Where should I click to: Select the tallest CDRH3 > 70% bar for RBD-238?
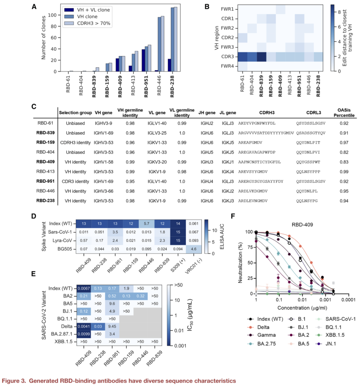pyautogui.click(x=175, y=39)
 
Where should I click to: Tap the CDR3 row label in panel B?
pyautogui.click(x=227, y=56)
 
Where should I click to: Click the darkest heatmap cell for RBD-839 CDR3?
pyautogui.click(x=261, y=56)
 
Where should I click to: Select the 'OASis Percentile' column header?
pyautogui.click(x=344, y=113)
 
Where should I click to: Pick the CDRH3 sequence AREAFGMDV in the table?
pyautogui.click(x=250, y=142)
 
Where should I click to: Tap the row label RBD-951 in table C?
pyautogui.click(x=45, y=181)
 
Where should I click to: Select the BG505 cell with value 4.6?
pyautogui.click(x=194, y=249)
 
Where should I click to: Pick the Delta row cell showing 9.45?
pyautogui.click(x=112, y=327)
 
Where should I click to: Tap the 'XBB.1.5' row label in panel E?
pyautogui.click(x=64, y=342)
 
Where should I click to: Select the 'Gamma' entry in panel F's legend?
pyautogui.click(x=266, y=335)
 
